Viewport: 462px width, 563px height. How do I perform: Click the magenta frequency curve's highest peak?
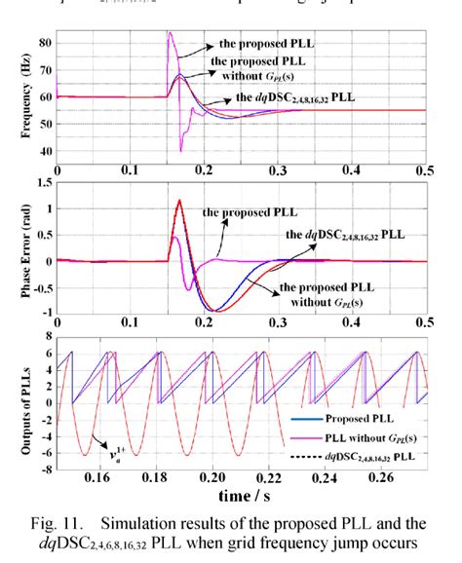(170, 32)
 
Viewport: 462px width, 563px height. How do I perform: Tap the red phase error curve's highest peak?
(179, 201)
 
